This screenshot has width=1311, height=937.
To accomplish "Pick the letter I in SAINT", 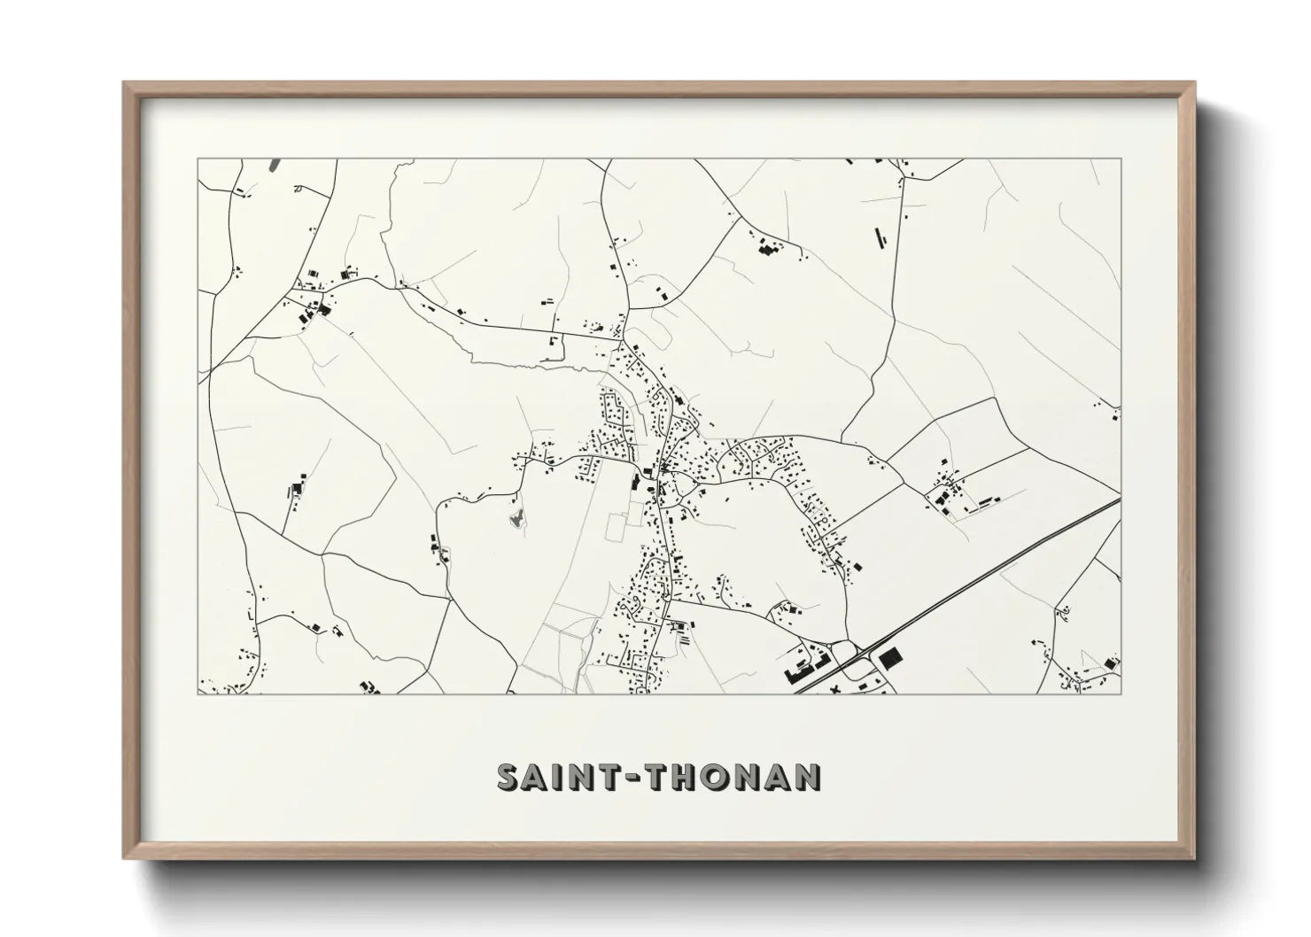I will point(565,777).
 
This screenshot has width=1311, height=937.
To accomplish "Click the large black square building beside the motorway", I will point(888,657).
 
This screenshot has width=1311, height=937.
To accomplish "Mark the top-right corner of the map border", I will point(1121,159).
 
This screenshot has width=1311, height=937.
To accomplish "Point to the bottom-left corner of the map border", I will point(198,693).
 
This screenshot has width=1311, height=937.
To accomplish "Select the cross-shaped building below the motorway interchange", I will point(834,687).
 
